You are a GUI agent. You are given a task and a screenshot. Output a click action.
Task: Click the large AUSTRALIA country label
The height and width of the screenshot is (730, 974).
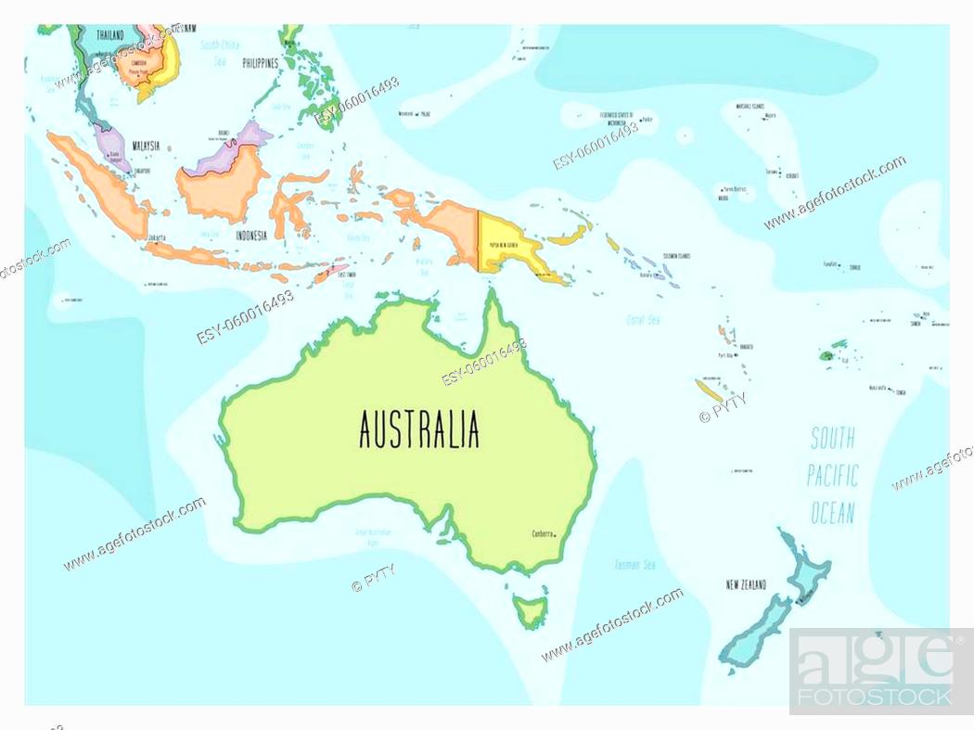pyautogui.click(x=419, y=429)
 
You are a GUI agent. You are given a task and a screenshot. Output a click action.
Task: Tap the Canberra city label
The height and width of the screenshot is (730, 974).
pyautogui.click(x=542, y=534)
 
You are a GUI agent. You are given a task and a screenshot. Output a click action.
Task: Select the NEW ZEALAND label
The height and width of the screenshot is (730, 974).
pyautogui.click(x=746, y=584)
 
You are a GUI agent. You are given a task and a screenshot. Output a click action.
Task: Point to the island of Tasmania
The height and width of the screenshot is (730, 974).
pyautogui.click(x=532, y=612)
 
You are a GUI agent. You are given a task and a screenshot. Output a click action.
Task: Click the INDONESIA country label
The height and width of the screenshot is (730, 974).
pyautogui.click(x=251, y=236)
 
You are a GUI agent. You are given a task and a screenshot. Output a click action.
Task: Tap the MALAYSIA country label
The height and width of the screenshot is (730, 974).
pyautogui.click(x=146, y=146)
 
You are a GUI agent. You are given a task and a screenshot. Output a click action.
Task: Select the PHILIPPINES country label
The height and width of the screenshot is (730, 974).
pyautogui.click(x=261, y=63)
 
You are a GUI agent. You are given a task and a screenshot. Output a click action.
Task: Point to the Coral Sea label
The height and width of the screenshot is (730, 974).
pyautogui.click(x=642, y=320)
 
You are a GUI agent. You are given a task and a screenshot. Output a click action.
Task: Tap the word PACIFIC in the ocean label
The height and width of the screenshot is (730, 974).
pyautogui.click(x=832, y=476)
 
